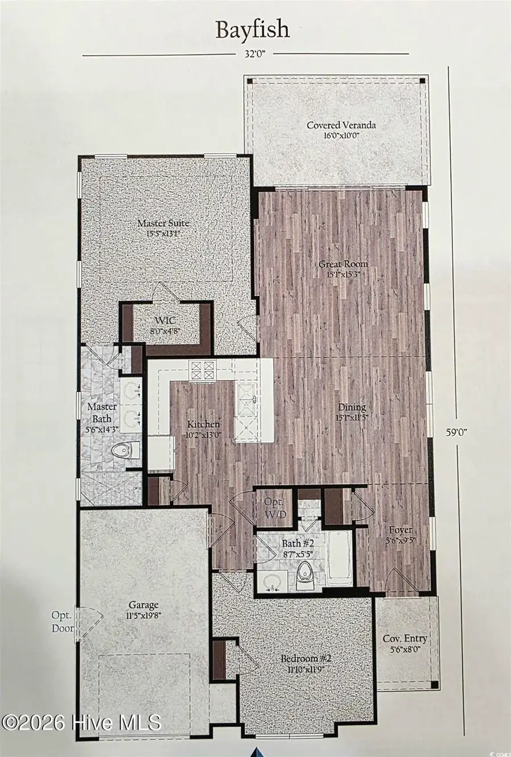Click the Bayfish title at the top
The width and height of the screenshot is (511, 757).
pos(252,30)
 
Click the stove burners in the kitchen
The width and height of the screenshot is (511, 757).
pos(203,370)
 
